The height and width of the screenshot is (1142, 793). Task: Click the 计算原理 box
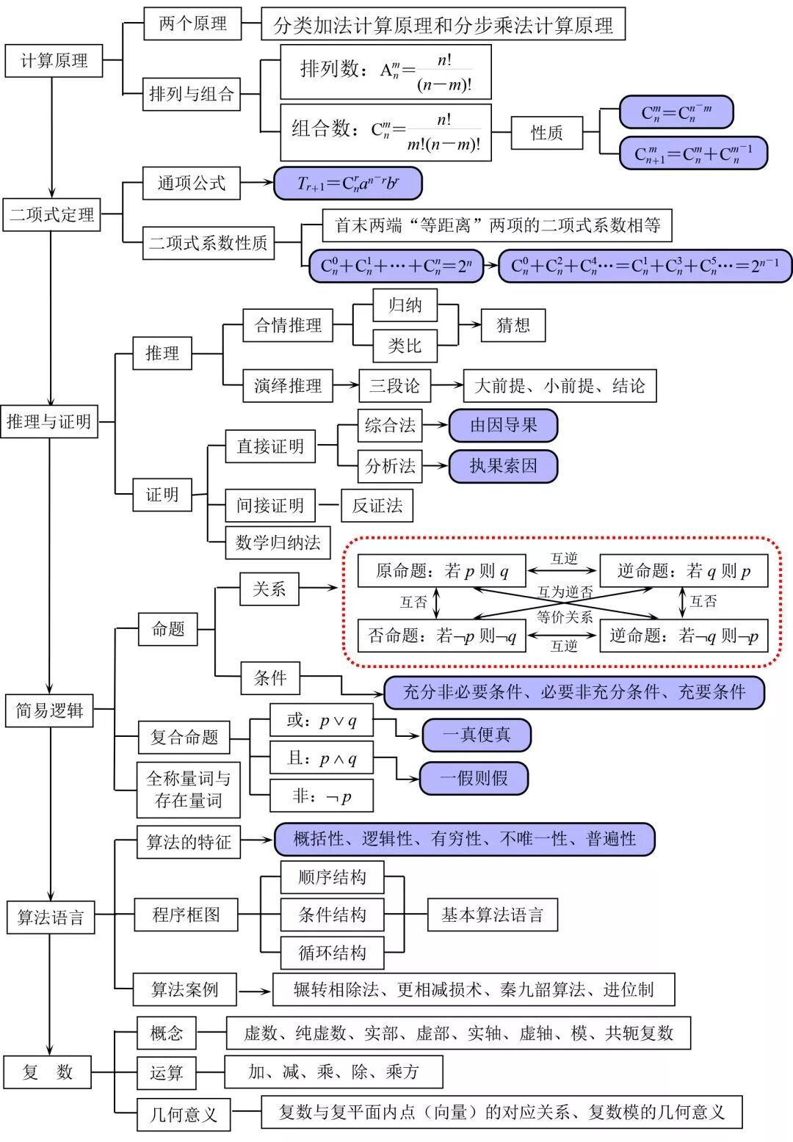[54, 61]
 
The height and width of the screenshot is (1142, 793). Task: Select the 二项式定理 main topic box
[51, 215]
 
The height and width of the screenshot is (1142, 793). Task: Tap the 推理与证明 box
[49, 422]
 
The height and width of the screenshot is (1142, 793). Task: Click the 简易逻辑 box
[50, 710]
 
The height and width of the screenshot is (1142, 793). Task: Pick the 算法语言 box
[51, 917]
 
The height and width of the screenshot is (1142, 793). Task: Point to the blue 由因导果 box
[503, 425]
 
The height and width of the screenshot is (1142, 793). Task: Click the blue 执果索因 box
[503, 466]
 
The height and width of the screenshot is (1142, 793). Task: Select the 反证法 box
[377, 506]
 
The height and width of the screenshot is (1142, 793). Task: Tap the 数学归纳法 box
[278, 543]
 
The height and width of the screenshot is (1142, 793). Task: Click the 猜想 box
[513, 325]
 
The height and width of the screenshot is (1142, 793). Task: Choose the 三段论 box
[395, 385]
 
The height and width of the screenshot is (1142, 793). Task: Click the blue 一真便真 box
[477, 735]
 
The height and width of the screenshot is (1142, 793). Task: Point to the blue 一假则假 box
[474, 779]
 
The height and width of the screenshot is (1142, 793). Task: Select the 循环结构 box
[332, 953]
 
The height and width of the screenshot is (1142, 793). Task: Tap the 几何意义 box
[184, 1114]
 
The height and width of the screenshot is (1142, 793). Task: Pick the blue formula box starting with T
[348, 183]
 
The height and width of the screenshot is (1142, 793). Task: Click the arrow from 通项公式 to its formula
[257, 183]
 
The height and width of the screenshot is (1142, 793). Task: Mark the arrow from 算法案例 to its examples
[255, 992]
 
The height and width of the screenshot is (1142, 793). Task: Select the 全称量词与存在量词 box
[189, 790]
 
